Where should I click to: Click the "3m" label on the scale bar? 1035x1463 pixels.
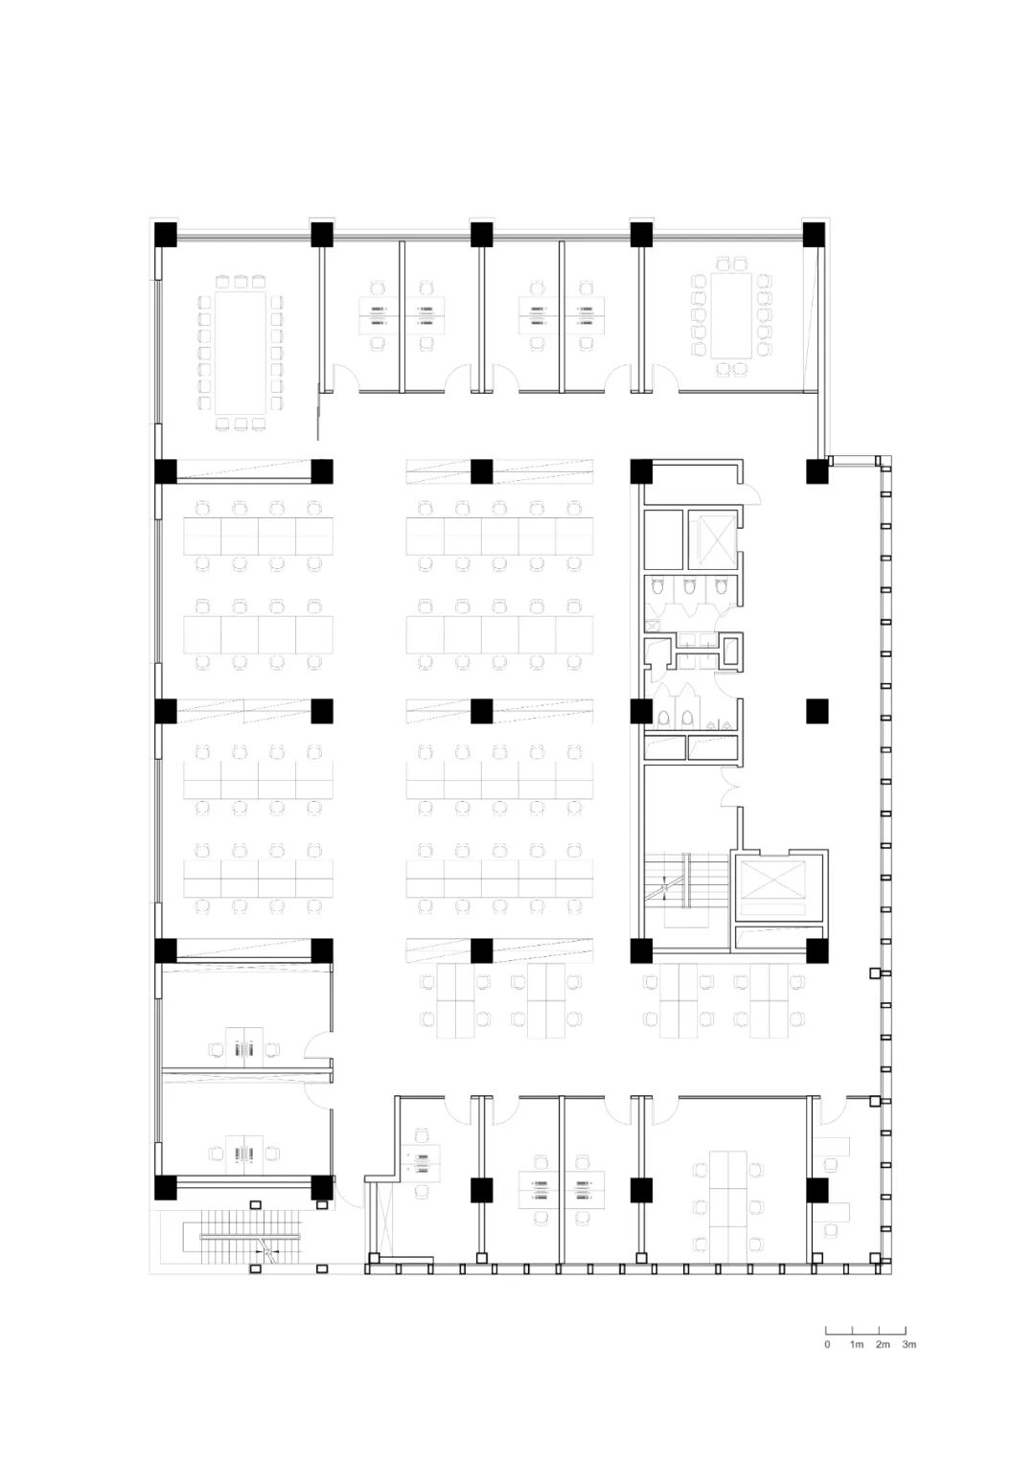click(908, 1344)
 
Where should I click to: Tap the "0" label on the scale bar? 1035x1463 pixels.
click(827, 1344)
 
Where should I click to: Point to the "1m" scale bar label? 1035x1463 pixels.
click(857, 1344)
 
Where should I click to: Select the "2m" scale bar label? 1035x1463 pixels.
click(883, 1344)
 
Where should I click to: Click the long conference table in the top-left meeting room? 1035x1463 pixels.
click(241, 353)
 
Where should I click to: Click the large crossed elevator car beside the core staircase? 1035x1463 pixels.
click(779, 880)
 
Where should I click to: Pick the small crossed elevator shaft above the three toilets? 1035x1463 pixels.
click(712, 538)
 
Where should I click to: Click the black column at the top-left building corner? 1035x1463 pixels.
click(165, 235)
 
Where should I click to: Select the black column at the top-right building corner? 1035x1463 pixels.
click(815, 235)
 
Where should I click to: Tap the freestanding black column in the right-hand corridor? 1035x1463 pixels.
click(816, 711)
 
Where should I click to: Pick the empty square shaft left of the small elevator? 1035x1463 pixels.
click(663, 539)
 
